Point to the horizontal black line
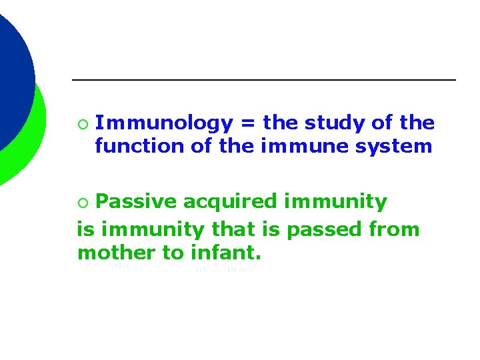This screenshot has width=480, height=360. pos(263,80)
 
